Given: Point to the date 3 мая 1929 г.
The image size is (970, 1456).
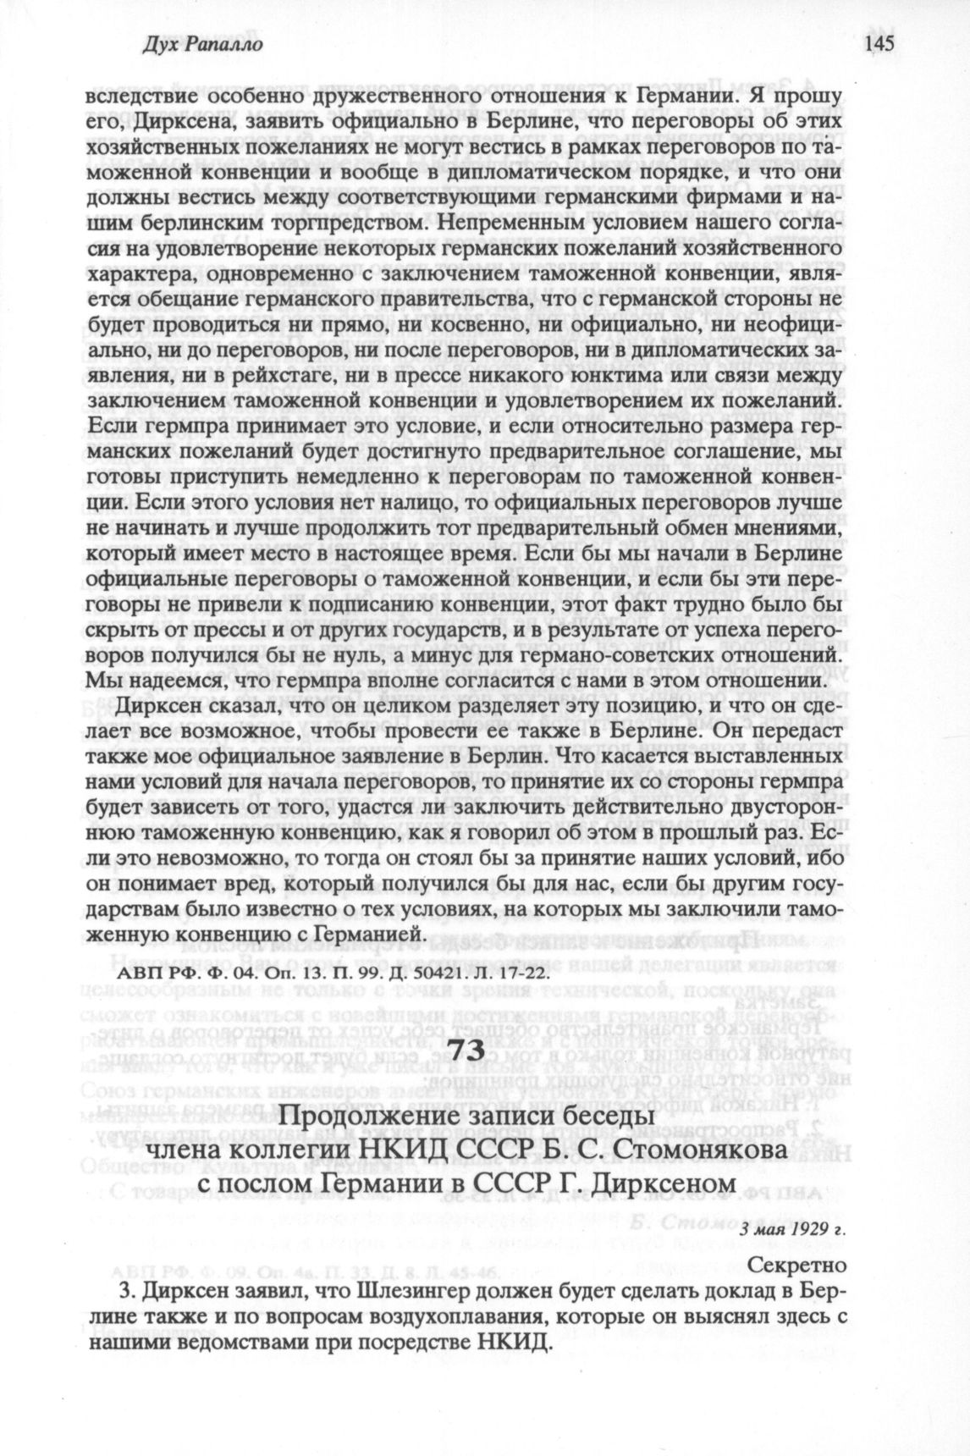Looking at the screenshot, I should click(x=792, y=1230).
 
